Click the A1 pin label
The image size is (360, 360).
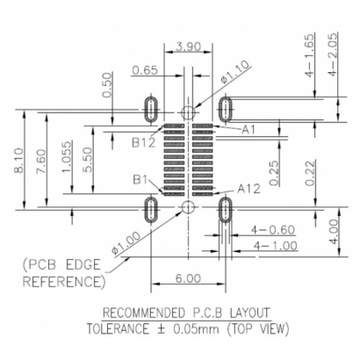tap(248, 129)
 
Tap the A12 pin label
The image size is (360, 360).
tap(249, 188)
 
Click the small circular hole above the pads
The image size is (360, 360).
tap(186, 112)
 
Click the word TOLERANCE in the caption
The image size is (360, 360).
tap(123, 331)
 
